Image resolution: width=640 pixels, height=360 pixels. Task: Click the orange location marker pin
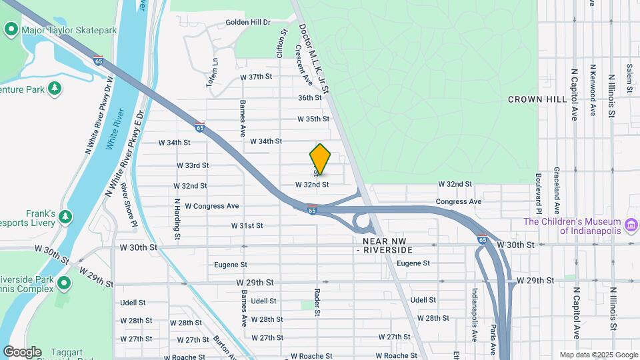(x=320, y=159)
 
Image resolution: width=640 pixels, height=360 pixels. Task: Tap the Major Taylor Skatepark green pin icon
(x=11, y=29)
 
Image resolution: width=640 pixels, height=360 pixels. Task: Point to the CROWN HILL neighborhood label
(x=537, y=99)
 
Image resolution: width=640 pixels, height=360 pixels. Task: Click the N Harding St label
(x=177, y=218)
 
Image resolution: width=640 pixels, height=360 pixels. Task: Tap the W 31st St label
(x=247, y=225)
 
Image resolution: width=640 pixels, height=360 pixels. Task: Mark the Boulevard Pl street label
(x=537, y=189)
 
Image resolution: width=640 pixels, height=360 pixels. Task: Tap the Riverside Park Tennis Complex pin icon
(x=64, y=283)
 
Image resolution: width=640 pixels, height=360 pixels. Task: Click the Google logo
(x=22, y=351)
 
